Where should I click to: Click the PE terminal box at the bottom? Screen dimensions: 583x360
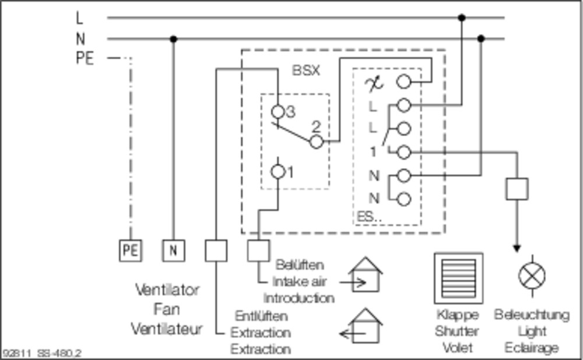(x=130, y=250)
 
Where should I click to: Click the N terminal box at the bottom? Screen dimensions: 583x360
(x=173, y=250)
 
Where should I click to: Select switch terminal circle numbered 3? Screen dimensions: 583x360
(x=278, y=111)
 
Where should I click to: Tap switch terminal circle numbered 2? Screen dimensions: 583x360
(x=317, y=142)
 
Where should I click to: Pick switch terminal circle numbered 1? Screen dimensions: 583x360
(x=278, y=172)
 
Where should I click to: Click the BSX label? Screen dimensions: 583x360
(x=305, y=70)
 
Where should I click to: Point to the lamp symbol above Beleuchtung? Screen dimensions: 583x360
(x=532, y=276)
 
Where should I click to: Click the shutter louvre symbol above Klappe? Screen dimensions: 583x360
(x=458, y=278)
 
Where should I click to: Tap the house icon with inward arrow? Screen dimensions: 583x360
(x=361, y=274)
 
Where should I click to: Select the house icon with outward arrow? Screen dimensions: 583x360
(x=361, y=326)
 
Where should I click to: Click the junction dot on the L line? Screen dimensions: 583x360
(x=461, y=17)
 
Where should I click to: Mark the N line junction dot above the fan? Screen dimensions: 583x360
(x=173, y=38)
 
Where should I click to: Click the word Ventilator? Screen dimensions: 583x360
(x=167, y=290)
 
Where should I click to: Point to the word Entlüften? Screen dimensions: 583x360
(x=261, y=316)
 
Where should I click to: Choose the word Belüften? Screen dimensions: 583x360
(x=300, y=265)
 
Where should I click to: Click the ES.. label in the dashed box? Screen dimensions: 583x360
(x=369, y=217)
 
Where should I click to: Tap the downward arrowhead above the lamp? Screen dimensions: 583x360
(x=517, y=248)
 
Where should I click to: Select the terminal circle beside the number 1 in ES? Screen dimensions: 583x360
(x=404, y=152)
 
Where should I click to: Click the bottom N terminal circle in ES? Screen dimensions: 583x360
(x=404, y=199)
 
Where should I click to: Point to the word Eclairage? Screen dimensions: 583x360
(x=531, y=348)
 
